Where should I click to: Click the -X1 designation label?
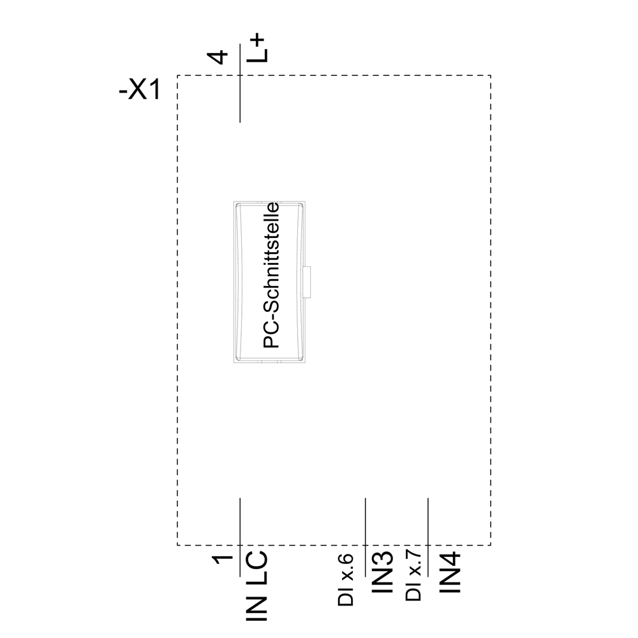pyautogui.click(x=140, y=90)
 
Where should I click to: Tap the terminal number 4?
pyautogui.click(x=218, y=57)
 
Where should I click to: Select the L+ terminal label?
pyautogui.click(x=258, y=49)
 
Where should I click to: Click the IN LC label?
pyautogui.click(x=257, y=586)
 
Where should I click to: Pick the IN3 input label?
pyautogui.click(x=383, y=572)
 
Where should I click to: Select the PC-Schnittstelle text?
pyautogui.click(x=271, y=276)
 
